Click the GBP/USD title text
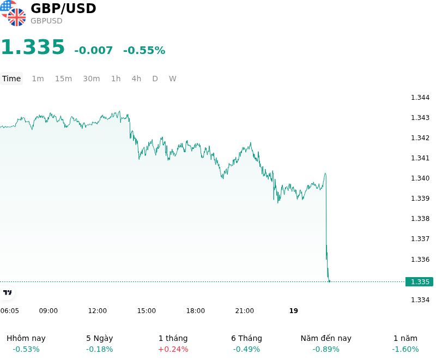tap(63, 9)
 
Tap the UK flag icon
tap(17, 17)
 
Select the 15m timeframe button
tap(63, 79)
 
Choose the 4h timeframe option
tap(136, 79)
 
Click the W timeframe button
tap(172, 79)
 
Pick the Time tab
tap(11, 79)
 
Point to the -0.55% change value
tap(144, 50)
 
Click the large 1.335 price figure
tap(33, 47)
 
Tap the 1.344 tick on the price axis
tap(420, 98)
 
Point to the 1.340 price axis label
tap(420, 178)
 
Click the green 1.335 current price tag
tap(419, 282)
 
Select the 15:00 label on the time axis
tap(146, 311)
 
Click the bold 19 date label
tap(294, 311)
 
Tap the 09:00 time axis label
tap(49, 311)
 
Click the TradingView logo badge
tap(7, 293)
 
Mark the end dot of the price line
tap(330, 281)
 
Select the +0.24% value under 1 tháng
tap(173, 349)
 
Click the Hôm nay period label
tap(26, 338)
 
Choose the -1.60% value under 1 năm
tap(405, 349)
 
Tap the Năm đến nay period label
tap(326, 338)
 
